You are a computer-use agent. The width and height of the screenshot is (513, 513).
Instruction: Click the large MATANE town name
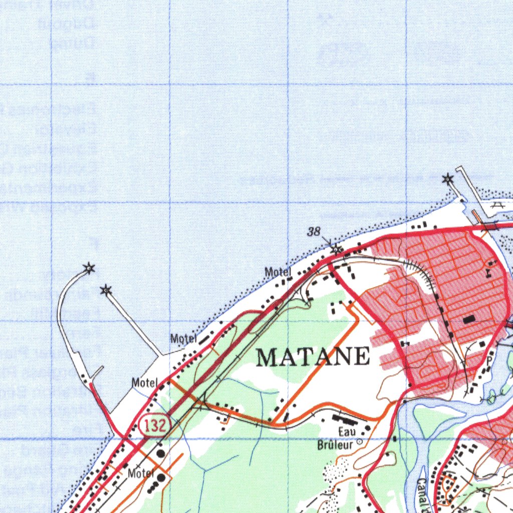(x=313, y=357)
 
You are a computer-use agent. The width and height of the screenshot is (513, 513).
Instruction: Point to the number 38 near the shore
(x=314, y=231)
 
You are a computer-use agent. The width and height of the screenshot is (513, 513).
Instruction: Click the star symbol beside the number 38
(x=337, y=248)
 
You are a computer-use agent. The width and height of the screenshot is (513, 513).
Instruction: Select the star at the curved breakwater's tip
(x=89, y=269)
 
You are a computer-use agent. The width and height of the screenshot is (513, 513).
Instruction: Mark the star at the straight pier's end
(x=106, y=290)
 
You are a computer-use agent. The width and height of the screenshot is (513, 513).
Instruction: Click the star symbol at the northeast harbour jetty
(x=447, y=179)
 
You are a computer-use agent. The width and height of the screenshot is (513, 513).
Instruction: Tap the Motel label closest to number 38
(x=278, y=272)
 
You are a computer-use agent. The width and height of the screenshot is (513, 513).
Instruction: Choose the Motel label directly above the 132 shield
(x=145, y=383)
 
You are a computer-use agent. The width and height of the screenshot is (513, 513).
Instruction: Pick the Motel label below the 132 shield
(x=141, y=473)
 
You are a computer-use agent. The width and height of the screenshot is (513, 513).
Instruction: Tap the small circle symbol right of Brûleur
(x=359, y=442)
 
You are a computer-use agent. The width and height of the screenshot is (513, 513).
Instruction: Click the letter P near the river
(x=489, y=360)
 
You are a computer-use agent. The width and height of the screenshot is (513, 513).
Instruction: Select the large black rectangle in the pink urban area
(x=469, y=319)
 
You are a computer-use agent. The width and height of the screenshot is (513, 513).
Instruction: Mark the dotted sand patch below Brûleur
(x=334, y=470)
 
